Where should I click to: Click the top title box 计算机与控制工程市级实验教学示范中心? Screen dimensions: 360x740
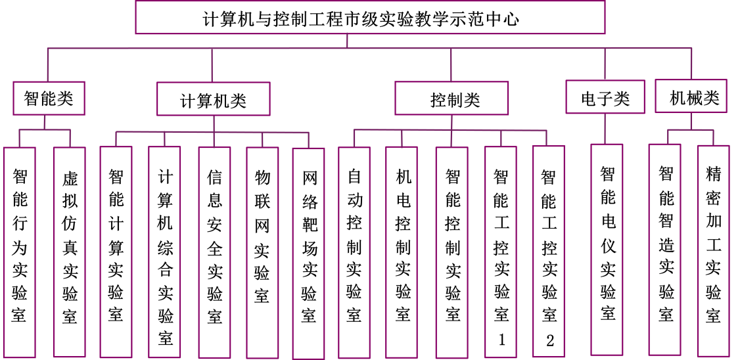[x=370, y=18]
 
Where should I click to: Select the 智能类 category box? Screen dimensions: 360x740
[x=49, y=99]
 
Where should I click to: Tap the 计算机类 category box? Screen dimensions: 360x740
[x=214, y=101]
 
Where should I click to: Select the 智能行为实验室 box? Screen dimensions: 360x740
[x=20, y=252]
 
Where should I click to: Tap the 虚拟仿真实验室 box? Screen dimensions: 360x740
[x=70, y=252]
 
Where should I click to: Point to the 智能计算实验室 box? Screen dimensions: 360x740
[x=116, y=252]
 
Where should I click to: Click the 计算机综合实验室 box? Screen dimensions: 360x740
[x=165, y=252]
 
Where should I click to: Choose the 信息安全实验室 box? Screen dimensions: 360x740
[x=214, y=252]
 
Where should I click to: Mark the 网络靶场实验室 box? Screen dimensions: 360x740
[x=309, y=252]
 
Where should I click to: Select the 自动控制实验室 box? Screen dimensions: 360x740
[x=354, y=252]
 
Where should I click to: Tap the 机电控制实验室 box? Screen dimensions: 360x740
[x=404, y=252]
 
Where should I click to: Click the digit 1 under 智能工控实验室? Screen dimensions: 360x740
[x=502, y=340]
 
